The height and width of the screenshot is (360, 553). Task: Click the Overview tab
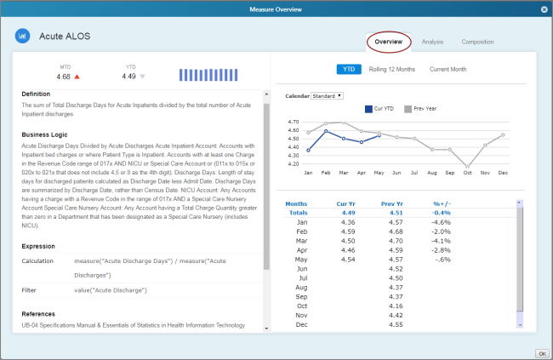[x=389, y=42]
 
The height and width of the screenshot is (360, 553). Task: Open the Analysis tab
[x=432, y=42]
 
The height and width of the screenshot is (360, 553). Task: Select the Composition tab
[x=477, y=42]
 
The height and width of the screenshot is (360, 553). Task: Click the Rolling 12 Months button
[x=392, y=69]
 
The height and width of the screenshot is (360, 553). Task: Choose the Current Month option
[x=448, y=69]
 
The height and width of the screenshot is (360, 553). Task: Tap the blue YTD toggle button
[x=349, y=69]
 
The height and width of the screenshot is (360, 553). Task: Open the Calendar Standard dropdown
[x=328, y=95]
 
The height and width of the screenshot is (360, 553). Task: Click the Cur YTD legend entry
[x=379, y=108]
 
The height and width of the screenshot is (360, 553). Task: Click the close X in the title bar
[x=544, y=9]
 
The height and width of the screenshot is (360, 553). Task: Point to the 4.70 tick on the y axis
[x=294, y=121]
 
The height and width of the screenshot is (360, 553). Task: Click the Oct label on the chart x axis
[x=466, y=172]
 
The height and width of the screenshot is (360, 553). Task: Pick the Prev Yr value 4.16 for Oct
[x=395, y=306]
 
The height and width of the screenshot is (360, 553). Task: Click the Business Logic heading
[x=50, y=134]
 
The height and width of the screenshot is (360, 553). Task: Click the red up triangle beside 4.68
[x=77, y=77]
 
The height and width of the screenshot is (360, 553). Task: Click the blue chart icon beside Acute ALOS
[x=23, y=37]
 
